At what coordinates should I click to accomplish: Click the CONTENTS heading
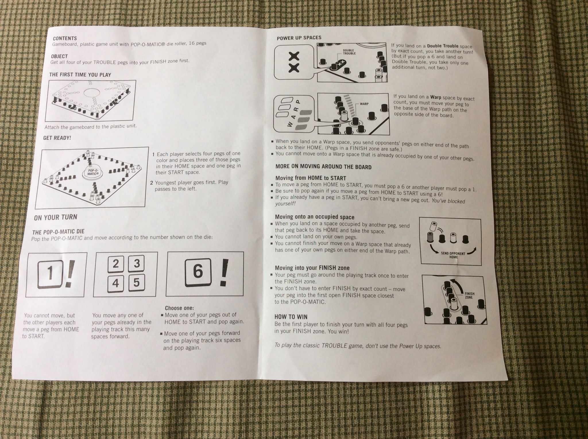[65, 38]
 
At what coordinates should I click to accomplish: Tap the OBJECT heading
[59, 57]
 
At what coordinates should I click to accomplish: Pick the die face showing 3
[136, 264]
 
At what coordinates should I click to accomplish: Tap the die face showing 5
[136, 283]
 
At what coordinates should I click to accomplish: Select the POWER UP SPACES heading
[299, 38]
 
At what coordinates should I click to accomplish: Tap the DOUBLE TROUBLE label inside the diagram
[349, 52]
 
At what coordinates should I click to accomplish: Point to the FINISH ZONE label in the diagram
[469, 296]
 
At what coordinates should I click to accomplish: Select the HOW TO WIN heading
[291, 317]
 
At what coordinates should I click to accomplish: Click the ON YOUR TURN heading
[55, 217]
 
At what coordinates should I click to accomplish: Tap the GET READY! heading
[57, 138]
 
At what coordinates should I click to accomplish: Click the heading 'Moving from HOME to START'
[311, 178]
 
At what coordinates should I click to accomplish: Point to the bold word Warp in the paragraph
[436, 97]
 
